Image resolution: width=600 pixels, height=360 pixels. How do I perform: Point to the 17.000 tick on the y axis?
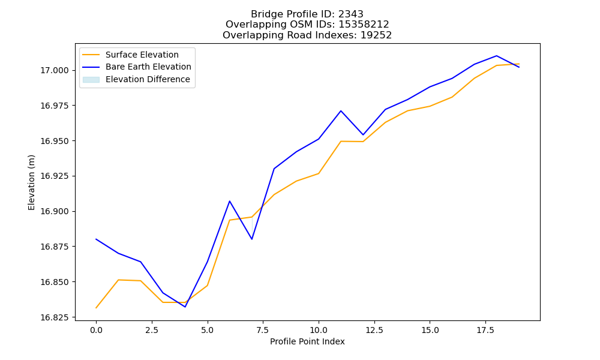tap(55, 70)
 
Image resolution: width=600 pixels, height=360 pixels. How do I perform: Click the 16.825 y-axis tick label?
tap(55, 317)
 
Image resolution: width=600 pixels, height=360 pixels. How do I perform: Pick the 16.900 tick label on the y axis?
tap(55, 212)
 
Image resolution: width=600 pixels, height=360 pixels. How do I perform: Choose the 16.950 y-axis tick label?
tap(55, 141)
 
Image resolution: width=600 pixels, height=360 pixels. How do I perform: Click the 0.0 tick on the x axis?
tap(96, 330)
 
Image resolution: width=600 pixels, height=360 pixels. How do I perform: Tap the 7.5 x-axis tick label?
tap(263, 330)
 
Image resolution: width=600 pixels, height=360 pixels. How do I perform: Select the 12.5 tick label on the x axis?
tap(374, 330)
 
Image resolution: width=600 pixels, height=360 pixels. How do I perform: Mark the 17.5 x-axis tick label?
tap(485, 330)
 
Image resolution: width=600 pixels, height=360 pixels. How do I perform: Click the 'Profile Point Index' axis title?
tap(307, 341)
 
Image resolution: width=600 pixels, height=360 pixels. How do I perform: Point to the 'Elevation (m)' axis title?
tap(31, 182)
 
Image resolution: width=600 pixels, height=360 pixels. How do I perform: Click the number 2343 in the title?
tap(350, 14)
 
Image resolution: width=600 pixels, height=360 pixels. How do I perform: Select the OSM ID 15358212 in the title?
tap(364, 25)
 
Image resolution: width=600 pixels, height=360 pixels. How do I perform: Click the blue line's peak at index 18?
tap(497, 56)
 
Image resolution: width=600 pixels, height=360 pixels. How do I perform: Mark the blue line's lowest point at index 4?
tap(185, 307)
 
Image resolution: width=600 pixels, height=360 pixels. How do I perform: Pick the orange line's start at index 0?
tap(96, 308)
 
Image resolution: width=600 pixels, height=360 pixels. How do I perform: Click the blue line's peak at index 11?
tap(341, 111)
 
